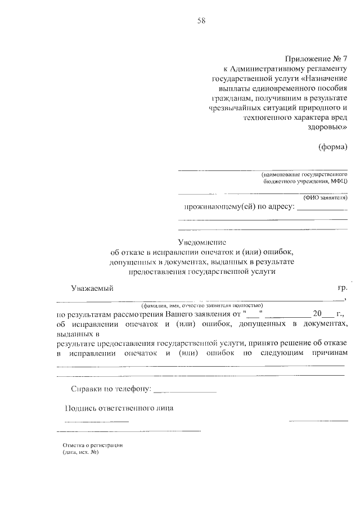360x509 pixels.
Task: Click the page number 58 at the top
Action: pyautogui.click(x=201, y=21)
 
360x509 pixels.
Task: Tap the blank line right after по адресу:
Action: pyautogui.click(x=322, y=209)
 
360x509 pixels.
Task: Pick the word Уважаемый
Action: pyautogui.click(x=92, y=289)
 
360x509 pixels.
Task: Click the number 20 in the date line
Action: pyautogui.click(x=319, y=313)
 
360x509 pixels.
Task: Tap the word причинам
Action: pyautogui.click(x=326, y=353)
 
